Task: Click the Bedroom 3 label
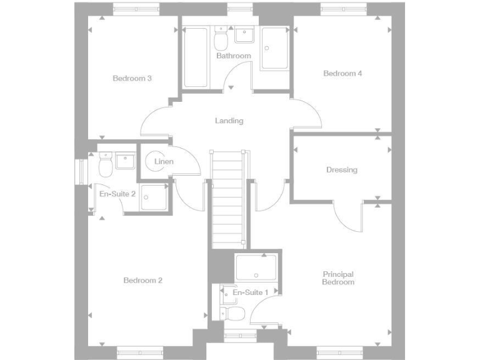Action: click(x=132, y=78)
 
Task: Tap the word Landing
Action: click(x=229, y=121)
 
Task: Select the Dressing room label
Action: click(x=341, y=169)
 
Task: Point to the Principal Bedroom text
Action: click(x=338, y=278)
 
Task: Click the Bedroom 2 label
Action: click(x=142, y=281)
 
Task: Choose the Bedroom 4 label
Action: click(x=342, y=73)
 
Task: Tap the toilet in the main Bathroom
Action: click(x=220, y=40)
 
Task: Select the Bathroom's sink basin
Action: click(x=243, y=36)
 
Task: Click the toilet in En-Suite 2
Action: click(x=105, y=165)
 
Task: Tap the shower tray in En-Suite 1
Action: click(x=256, y=267)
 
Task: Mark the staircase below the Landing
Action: click(x=228, y=197)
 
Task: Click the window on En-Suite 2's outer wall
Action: click(x=79, y=172)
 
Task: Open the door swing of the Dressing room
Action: click(x=348, y=216)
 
